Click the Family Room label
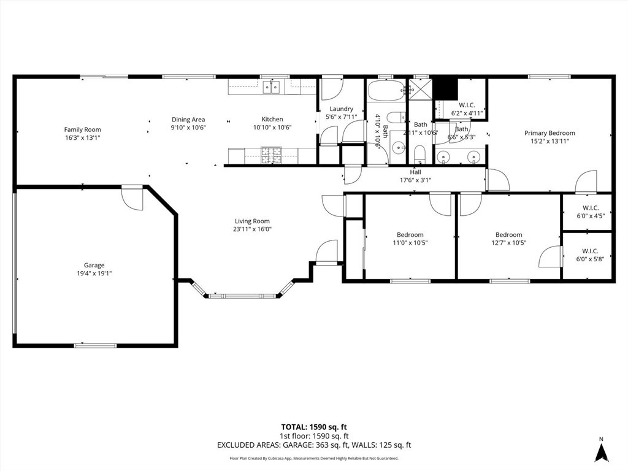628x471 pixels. tap(82, 129)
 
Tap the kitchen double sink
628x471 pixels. tap(272, 87)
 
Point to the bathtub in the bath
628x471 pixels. tap(386, 91)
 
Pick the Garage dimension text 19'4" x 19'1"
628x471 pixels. tap(94, 274)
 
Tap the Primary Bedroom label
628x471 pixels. tap(549, 133)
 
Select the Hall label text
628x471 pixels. tap(415, 172)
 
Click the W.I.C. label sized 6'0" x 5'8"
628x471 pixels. tap(590, 251)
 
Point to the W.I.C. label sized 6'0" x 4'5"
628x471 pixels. tap(590, 207)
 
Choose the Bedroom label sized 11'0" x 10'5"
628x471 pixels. tap(410, 235)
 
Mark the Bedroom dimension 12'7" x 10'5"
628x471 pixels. tap(508, 242)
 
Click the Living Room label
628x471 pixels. tap(252, 221)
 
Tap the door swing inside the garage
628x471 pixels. tap(132, 197)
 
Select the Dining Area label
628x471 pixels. tap(188, 120)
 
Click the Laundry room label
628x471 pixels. tap(340, 109)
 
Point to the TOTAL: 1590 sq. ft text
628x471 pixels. tap(313, 427)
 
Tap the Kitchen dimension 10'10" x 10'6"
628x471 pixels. tap(272, 128)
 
